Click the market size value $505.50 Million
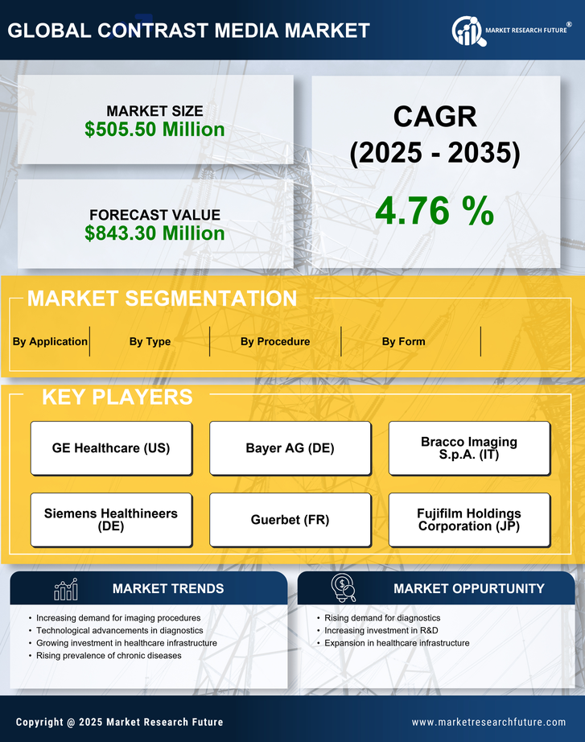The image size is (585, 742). (x=154, y=130)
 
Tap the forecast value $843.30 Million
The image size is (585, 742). (x=154, y=233)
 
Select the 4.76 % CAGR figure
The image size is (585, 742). (x=435, y=211)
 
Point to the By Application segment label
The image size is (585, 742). (x=50, y=341)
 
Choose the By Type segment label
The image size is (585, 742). (x=150, y=341)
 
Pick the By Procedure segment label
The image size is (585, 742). (x=275, y=341)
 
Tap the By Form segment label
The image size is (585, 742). (x=403, y=341)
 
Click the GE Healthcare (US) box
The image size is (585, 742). (x=111, y=448)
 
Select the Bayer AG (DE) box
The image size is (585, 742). (x=290, y=448)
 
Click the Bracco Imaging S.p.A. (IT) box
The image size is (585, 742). (x=469, y=448)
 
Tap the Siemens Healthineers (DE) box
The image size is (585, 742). (x=111, y=520)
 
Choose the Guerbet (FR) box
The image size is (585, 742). (x=290, y=520)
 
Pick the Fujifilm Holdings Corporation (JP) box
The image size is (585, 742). (x=469, y=520)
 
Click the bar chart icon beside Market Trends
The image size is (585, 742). (x=65, y=589)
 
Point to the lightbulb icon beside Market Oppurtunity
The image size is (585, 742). (x=344, y=588)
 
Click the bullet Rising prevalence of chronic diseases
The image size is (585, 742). (x=109, y=656)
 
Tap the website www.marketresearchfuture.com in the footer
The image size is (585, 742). (x=488, y=722)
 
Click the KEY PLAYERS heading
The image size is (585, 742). (x=117, y=397)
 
